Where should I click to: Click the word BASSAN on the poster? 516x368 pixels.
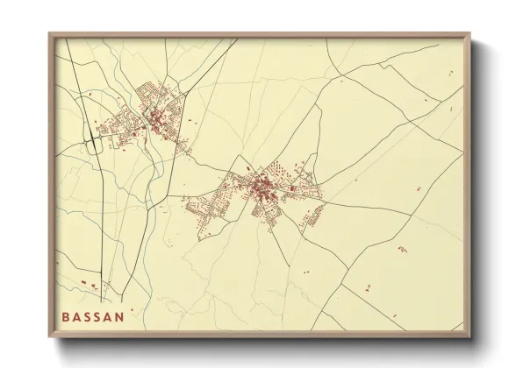[92, 316]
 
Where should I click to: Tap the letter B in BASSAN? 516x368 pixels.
[65, 316]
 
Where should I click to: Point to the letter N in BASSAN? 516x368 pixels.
[119, 316]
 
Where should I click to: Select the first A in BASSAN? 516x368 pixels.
[75, 316]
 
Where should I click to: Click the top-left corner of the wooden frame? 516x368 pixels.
[49, 33]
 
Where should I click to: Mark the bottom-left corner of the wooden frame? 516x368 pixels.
[49, 338]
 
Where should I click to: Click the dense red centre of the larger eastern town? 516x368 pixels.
[261, 187]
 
